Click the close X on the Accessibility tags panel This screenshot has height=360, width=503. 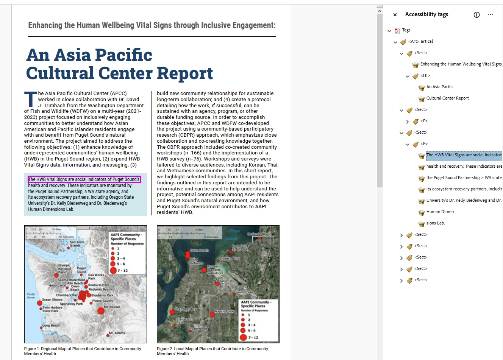coord(395,15)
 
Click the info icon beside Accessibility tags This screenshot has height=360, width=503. coord(476,15)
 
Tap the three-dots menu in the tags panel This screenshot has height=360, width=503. coord(491,15)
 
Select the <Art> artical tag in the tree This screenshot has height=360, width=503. coord(420,42)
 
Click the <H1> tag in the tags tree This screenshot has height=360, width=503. coord(425,76)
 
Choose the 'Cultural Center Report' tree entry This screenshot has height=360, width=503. coord(447,98)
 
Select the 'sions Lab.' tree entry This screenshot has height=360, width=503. coord(435,223)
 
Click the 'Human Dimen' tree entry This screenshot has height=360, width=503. coord(440,212)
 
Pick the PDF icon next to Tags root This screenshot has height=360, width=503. coord(397,31)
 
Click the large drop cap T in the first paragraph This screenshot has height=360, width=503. coord(30,99)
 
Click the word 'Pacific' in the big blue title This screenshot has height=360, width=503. coord(123,55)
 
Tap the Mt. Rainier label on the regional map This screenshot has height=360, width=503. coord(112,307)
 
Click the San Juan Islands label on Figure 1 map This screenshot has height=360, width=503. coord(77,244)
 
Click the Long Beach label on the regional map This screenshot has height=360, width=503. coord(51,326)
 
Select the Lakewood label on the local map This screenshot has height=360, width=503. coord(199,329)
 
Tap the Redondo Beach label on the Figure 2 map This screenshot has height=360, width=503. coord(259,234)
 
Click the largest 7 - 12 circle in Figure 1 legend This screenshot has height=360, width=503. coord(113,270)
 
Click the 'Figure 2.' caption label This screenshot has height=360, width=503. coord(165,349)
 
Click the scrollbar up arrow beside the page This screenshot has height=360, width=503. coord(380,11)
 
